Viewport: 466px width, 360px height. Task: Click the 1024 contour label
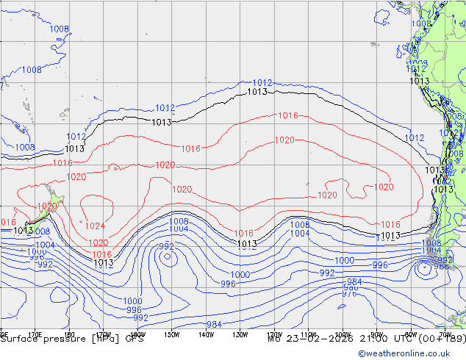(95, 226)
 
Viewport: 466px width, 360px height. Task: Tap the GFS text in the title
(135, 339)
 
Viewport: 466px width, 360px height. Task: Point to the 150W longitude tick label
(172, 334)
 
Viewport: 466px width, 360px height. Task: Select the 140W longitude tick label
(206, 334)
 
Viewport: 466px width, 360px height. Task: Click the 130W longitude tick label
(240, 334)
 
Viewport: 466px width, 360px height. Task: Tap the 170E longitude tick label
(34, 334)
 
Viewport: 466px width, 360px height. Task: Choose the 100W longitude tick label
(343, 334)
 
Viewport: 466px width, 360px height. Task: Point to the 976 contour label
(350, 293)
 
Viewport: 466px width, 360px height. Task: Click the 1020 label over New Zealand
(47, 206)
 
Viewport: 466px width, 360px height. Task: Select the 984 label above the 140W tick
(215, 324)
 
